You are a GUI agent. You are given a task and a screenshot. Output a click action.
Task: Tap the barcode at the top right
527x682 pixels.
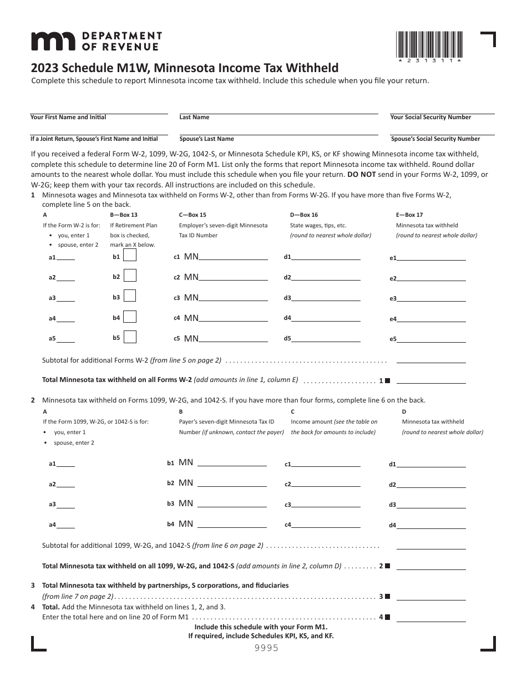[429, 45]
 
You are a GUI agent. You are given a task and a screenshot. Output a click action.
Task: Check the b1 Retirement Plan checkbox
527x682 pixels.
[130, 256]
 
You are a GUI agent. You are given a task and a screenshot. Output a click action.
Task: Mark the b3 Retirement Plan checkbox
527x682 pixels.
[130, 297]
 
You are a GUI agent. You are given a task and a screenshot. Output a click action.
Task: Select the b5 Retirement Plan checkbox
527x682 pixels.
[130, 337]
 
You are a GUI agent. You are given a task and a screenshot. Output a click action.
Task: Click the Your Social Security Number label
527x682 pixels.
[430, 118]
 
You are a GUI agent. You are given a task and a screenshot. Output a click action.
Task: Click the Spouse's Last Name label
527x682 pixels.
[206, 139]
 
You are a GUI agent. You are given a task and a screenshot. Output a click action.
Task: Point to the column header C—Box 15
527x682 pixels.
[192, 215]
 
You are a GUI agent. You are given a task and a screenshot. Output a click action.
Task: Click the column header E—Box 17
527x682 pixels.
[409, 215]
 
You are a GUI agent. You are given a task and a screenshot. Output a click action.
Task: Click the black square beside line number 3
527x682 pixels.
[387, 597]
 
